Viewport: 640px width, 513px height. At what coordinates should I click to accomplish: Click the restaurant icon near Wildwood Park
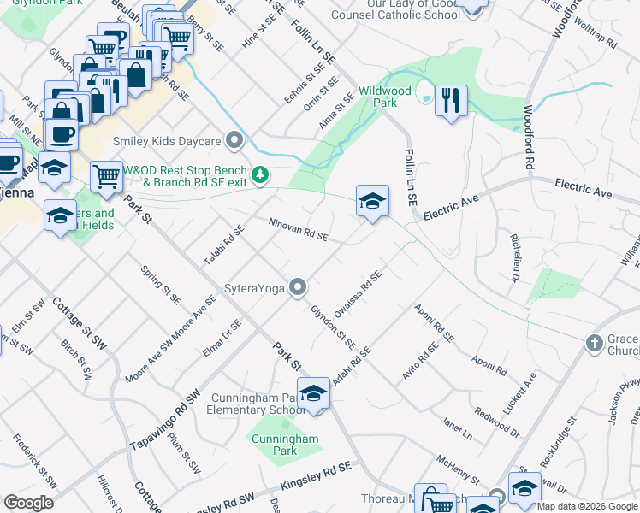[451, 100]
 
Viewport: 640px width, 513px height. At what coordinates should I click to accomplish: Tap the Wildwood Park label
[385, 96]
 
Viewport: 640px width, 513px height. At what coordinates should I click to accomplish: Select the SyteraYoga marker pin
[298, 287]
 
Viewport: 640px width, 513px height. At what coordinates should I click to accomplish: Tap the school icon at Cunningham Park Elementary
[314, 393]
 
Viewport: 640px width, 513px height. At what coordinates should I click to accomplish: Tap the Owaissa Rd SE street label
[358, 293]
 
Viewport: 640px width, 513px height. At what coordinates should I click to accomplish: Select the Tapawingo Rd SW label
[164, 423]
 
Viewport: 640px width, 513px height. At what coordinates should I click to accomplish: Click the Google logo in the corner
[28, 503]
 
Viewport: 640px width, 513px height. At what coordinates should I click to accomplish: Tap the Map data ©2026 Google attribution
[587, 506]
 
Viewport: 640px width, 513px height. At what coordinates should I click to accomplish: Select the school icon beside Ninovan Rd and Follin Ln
[372, 202]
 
